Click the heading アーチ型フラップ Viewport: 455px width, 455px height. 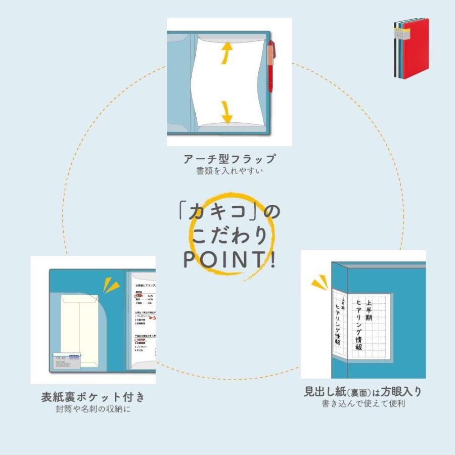pyautogui.click(x=230, y=159)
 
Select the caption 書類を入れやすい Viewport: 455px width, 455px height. pyautogui.click(x=230, y=171)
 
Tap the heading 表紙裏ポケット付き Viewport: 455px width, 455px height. pyautogui.click(x=93, y=397)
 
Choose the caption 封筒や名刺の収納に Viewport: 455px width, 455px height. pyautogui.click(x=93, y=409)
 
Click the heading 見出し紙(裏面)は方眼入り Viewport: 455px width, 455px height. pyautogui.click(x=362, y=391)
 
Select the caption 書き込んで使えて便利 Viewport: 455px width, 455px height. pyautogui.click(x=362, y=404)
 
